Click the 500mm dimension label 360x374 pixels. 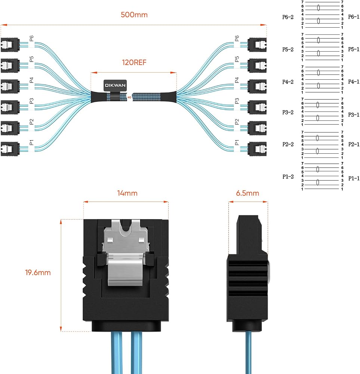[134, 15]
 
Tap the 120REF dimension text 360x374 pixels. [134, 62]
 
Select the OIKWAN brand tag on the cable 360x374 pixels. [115, 85]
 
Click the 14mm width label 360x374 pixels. [127, 193]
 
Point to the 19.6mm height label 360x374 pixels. [38, 272]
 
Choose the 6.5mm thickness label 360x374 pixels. [247, 193]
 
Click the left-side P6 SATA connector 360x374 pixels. [10, 45]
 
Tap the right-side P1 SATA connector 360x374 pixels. [257, 149]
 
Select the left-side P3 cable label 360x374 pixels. [31, 101]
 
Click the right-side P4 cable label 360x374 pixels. [237, 80]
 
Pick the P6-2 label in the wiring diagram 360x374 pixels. [288, 17]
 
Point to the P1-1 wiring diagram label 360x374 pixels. [354, 178]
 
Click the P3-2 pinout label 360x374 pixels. [288, 112]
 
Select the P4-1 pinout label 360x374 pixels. [354, 82]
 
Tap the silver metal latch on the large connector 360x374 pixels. [126, 253]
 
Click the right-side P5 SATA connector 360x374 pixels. [257, 65]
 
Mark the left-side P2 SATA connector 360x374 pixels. [10, 128]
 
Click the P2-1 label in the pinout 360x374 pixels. [354, 144]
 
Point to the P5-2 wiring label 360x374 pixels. [288, 49]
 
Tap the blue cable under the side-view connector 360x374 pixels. [248, 353]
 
